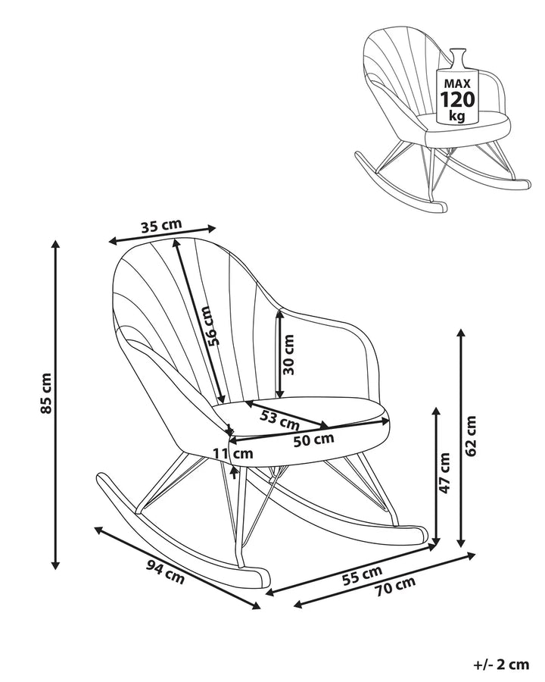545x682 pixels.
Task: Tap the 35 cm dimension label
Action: coord(161,225)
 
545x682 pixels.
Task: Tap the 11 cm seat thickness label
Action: coord(233,454)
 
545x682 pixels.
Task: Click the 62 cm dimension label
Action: coord(471,436)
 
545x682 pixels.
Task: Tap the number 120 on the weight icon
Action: coord(457,99)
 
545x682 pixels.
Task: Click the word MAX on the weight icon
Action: coord(457,82)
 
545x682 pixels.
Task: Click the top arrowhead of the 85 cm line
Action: coord(54,244)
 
